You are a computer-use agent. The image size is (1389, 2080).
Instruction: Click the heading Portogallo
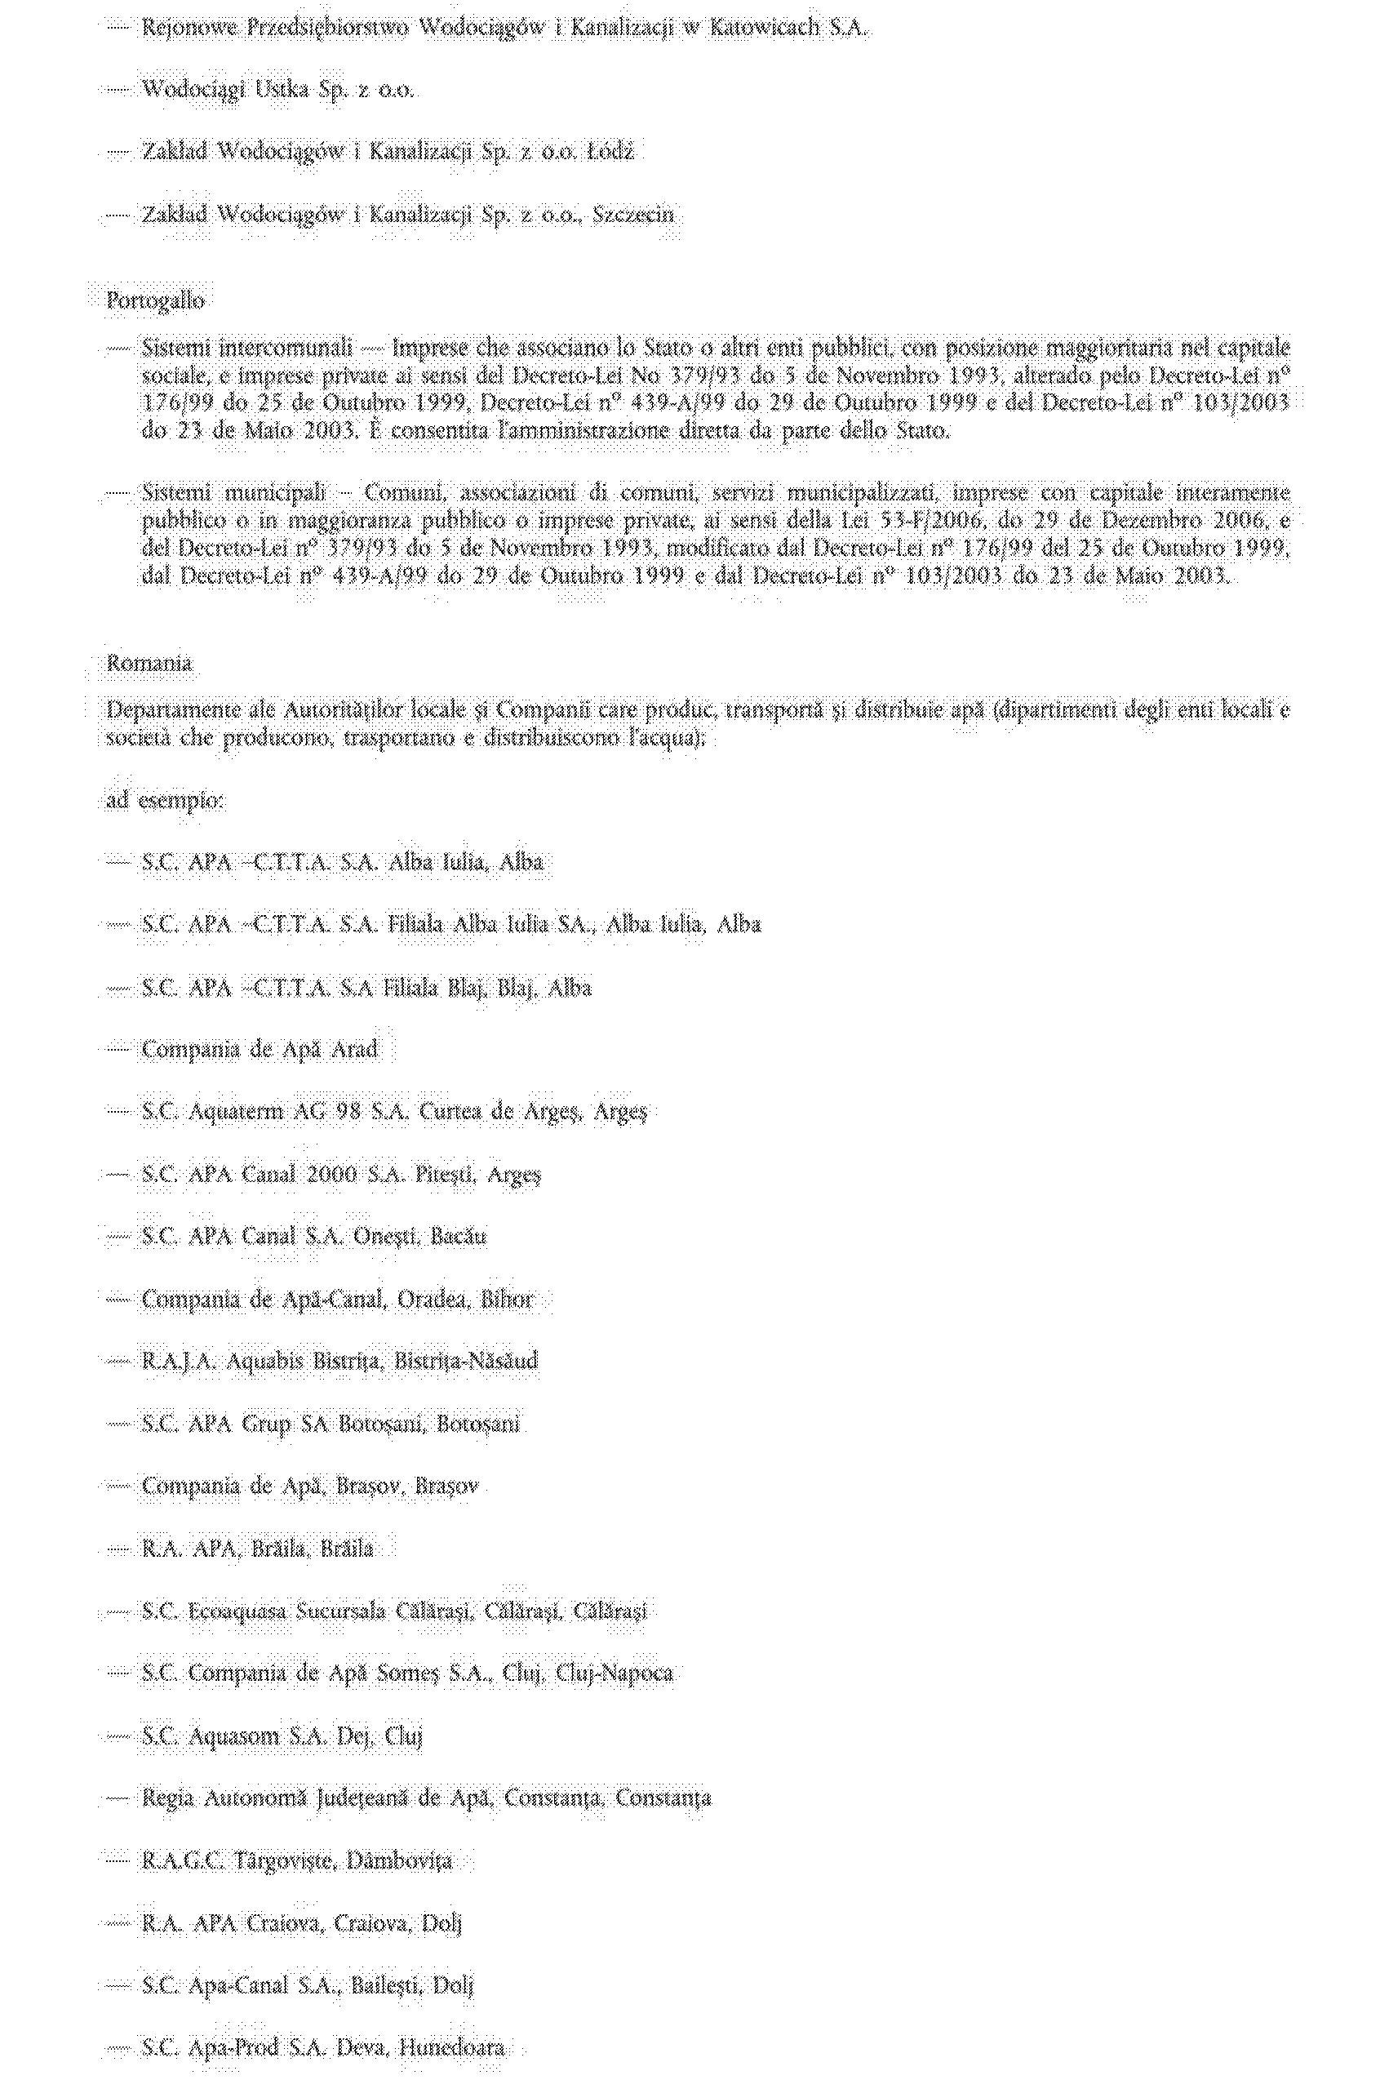point(156,301)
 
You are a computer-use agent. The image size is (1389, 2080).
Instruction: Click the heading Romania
point(149,664)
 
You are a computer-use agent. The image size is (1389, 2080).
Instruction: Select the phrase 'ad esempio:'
point(166,801)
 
